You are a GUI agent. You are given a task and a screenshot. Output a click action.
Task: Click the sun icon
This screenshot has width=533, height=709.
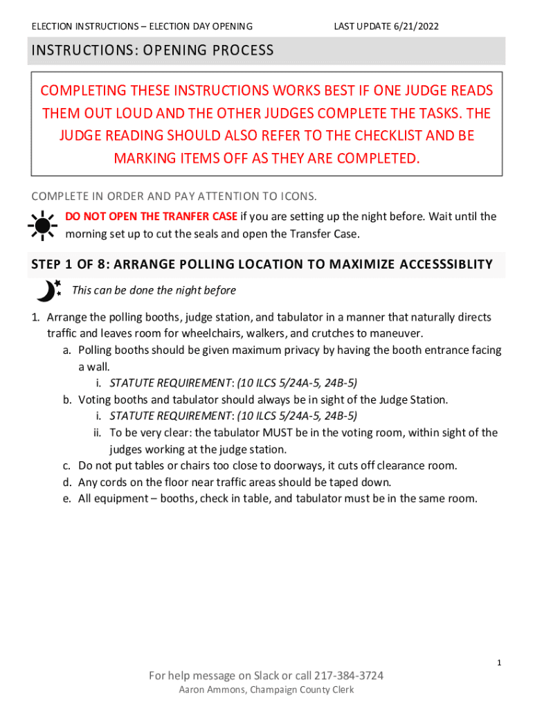pos(42,225)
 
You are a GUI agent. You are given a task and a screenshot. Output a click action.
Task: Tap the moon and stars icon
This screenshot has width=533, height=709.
pos(48,291)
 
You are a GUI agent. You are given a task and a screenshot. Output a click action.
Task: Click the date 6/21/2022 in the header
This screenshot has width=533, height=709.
pos(417,26)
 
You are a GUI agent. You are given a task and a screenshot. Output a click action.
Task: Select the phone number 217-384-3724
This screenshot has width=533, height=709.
pos(349,676)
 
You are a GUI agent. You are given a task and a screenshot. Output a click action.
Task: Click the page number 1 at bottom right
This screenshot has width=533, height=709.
pos(498,663)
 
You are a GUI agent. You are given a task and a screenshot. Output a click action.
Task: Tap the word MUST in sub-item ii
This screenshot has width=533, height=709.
pos(260,433)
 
